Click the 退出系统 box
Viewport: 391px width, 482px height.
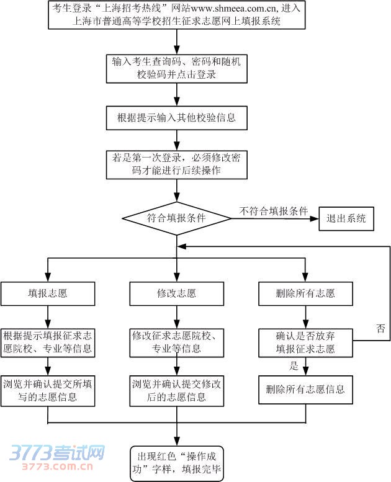346,218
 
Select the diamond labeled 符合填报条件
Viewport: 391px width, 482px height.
177,218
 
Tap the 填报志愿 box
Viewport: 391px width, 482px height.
48,293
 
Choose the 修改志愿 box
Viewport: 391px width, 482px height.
176,293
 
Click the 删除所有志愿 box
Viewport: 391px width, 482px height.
305,293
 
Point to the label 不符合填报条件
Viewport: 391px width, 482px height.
274,211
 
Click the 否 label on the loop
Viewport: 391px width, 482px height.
380,328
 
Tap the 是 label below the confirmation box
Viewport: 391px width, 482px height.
294,366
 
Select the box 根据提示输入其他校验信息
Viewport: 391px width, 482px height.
177,117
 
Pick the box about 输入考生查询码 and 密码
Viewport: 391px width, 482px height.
177,68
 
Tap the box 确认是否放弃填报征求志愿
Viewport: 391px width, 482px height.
305,342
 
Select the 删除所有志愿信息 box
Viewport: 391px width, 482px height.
305,391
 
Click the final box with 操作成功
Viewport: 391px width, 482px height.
176,463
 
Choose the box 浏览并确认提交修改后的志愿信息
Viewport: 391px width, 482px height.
176,391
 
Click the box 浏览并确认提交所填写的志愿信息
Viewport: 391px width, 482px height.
48,391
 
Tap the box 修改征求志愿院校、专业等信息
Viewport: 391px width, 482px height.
176,342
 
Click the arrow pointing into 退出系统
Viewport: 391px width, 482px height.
313,218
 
